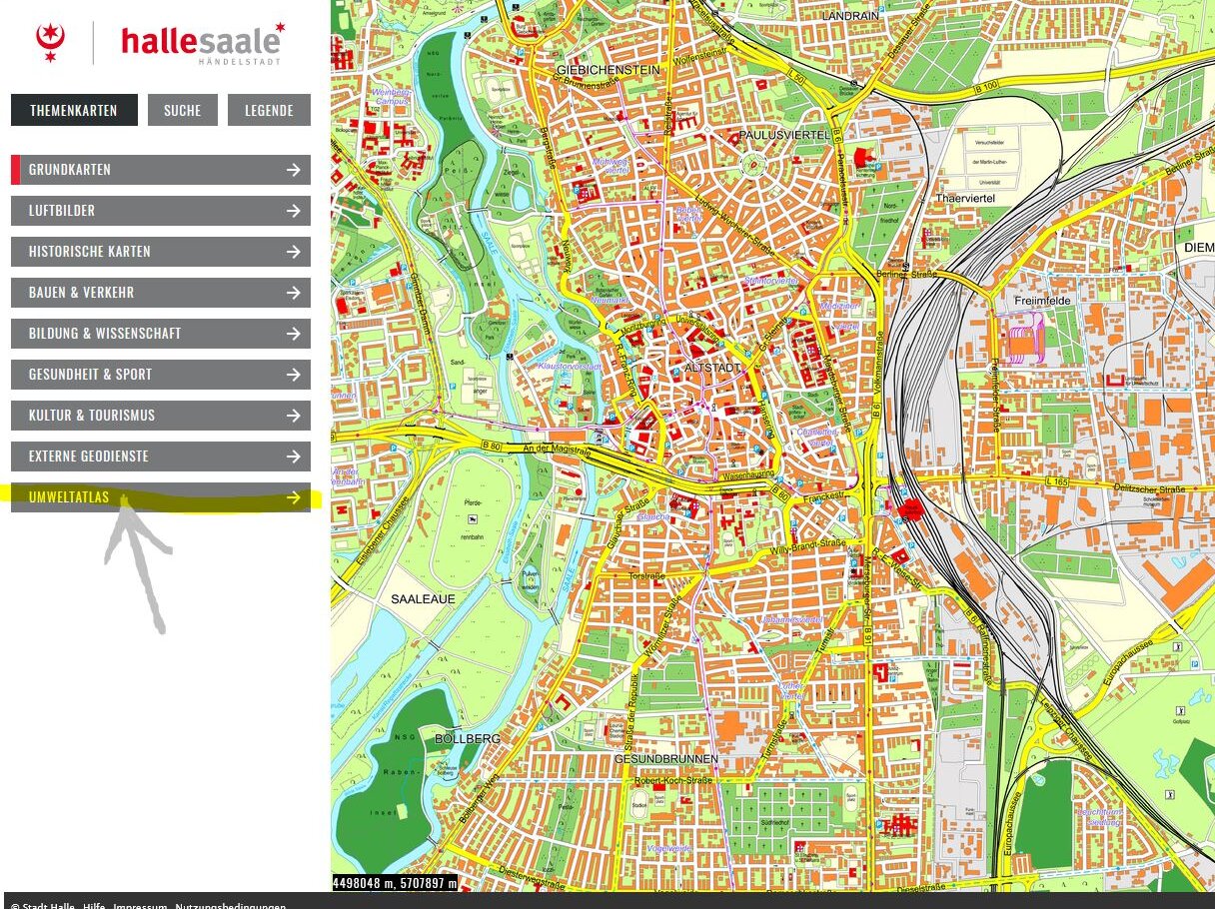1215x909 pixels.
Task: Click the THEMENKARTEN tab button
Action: [74, 111]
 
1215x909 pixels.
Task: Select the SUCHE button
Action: [182, 111]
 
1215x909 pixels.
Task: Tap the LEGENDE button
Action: [269, 111]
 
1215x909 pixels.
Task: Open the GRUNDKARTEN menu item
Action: [161, 170]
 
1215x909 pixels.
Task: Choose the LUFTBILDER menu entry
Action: [161, 211]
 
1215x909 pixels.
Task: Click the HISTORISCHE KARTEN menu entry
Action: [161, 252]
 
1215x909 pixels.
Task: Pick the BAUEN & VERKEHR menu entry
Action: [161, 293]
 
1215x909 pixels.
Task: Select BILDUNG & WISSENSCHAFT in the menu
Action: [161, 334]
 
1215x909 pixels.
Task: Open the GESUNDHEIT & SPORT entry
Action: [161, 375]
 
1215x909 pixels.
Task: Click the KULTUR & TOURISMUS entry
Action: [161, 416]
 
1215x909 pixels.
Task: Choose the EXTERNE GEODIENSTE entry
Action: [161, 456]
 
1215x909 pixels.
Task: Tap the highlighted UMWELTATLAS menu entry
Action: [161, 497]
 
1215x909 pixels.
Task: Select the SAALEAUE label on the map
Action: [423, 599]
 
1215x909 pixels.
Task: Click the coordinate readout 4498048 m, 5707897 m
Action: [395, 883]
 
